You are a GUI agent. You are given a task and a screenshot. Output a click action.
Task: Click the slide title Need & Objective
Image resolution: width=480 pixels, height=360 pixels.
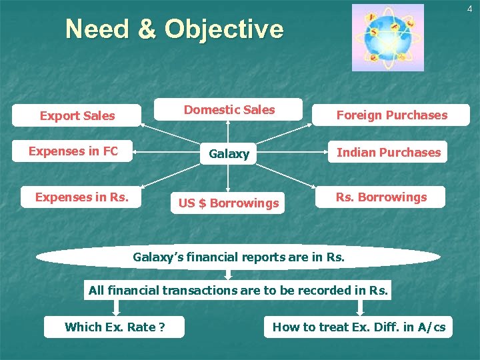pos(174,29)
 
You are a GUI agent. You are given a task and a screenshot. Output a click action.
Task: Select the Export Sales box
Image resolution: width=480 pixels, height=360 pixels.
pos(77,115)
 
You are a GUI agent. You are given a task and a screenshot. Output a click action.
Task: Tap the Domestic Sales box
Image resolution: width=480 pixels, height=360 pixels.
pos(229,110)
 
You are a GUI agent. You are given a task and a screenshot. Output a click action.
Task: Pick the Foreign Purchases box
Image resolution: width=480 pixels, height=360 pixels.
pos(391,115)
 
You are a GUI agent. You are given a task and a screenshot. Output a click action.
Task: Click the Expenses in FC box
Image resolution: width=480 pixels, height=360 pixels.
pos(73,151)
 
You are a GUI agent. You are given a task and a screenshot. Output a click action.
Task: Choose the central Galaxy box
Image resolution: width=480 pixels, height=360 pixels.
pos(229,153)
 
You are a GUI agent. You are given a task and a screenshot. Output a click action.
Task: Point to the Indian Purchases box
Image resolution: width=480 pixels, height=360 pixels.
pos(388,152)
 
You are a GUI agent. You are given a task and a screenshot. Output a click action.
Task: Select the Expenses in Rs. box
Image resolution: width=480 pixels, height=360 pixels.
pos(81,197)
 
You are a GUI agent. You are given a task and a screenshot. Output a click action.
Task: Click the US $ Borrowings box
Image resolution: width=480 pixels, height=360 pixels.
pos(228,203)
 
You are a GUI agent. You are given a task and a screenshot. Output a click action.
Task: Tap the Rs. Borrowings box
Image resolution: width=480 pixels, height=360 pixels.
pos(381,197)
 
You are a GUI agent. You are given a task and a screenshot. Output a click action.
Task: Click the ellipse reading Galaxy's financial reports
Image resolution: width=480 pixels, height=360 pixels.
pos(238,257)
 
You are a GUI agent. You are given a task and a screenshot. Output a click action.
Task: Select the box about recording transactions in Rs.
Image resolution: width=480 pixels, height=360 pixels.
pos(238,290)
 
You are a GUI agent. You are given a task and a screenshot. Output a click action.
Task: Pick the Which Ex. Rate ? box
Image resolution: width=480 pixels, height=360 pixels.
pos(115,327)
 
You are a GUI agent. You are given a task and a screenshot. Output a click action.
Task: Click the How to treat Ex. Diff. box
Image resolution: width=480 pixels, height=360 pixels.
pos(359,327)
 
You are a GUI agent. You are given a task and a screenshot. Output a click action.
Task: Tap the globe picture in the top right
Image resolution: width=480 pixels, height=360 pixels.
pos(387,37)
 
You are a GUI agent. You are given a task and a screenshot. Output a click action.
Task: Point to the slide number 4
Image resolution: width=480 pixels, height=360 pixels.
pos(469,8)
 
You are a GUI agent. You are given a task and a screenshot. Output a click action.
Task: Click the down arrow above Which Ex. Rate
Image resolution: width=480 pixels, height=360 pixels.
pos(116,307)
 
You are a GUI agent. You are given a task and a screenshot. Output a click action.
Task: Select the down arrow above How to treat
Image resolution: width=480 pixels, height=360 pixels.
pos(360,307)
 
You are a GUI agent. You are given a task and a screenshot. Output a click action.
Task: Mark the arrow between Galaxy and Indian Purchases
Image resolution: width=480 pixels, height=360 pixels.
pos(291,153)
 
